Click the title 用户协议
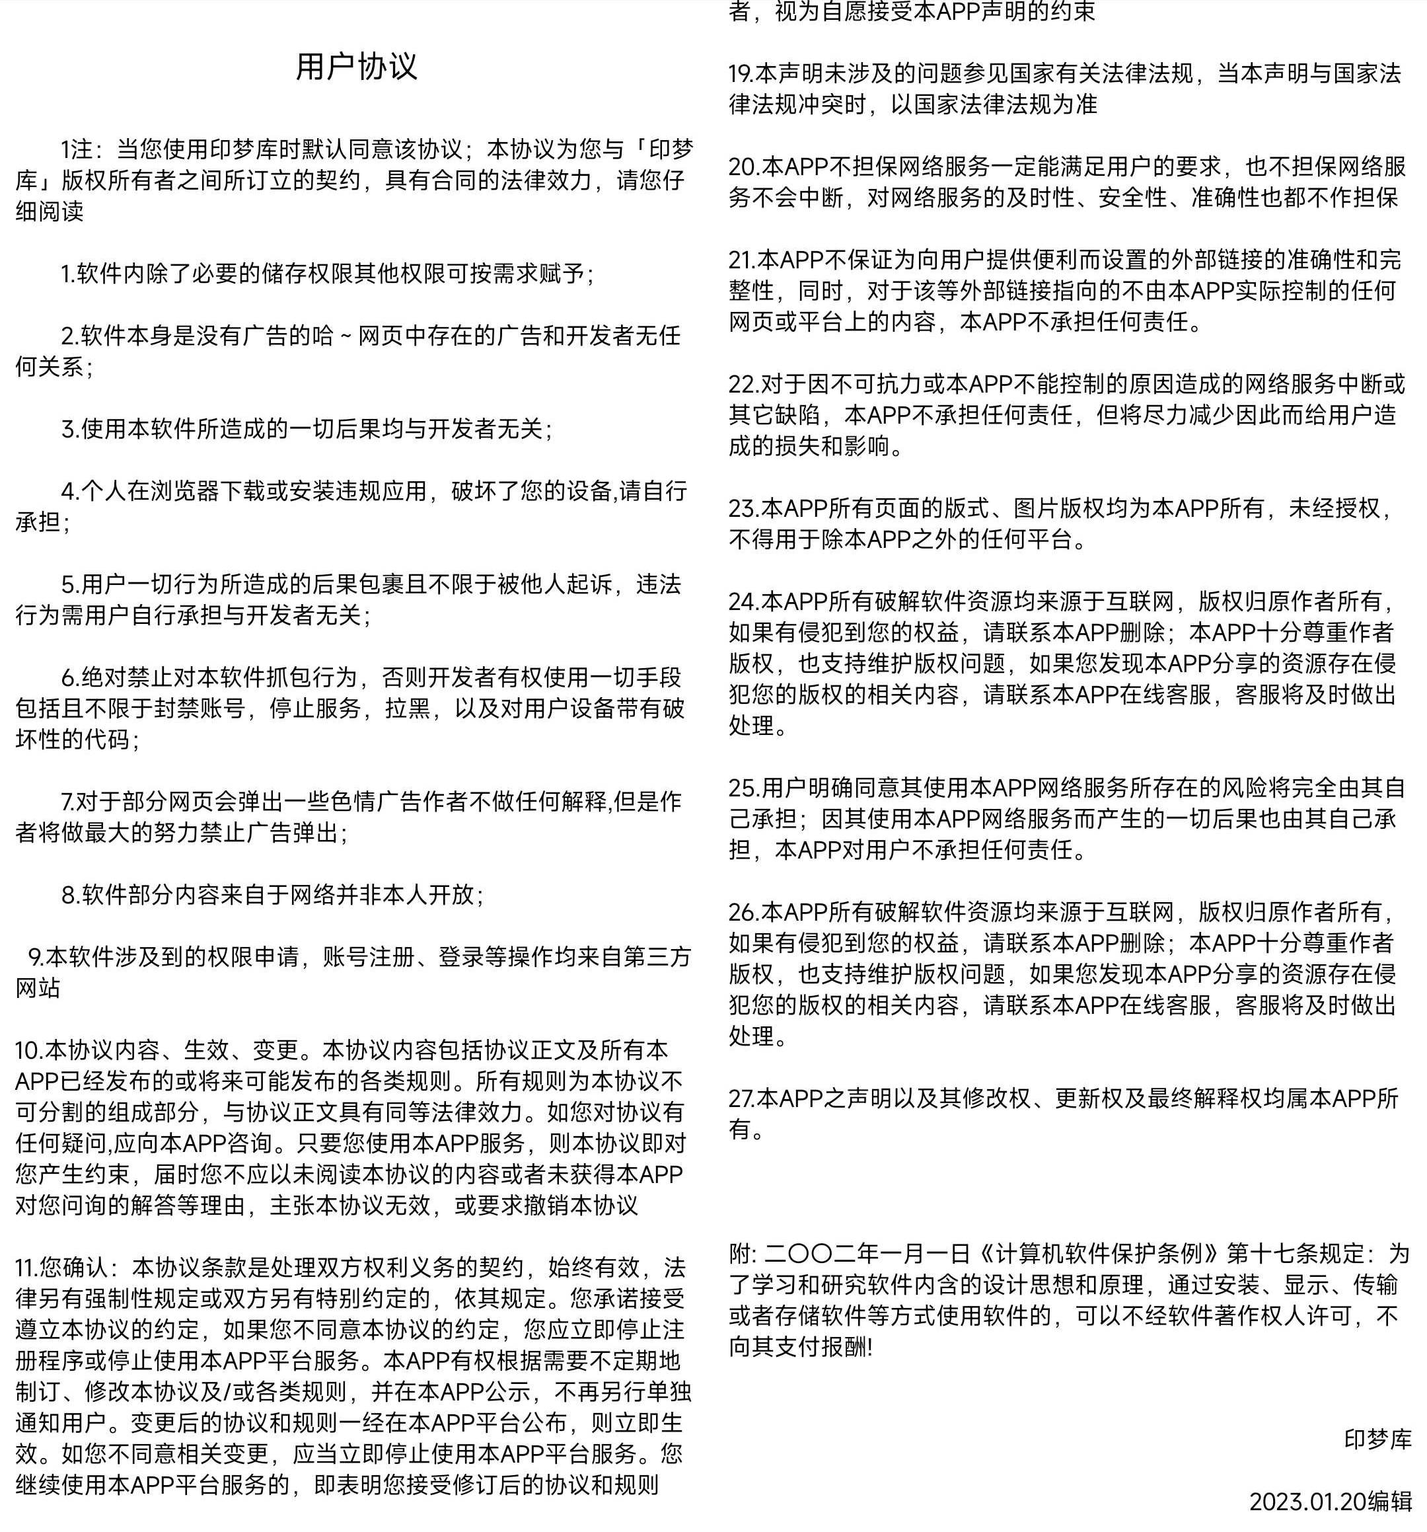click(356, 66)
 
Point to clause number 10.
click(28, 1050)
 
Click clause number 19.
click(741, 73)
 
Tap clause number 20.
click(743, 167)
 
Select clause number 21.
click(742, 260)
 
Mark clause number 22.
click(743, 384)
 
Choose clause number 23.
click(743, 508)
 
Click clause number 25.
click(743, 788)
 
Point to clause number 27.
click(742, 1098)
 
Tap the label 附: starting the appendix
click(743, 1254)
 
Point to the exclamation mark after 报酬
click(870, 1347)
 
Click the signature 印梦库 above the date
click(1377, 1439)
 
